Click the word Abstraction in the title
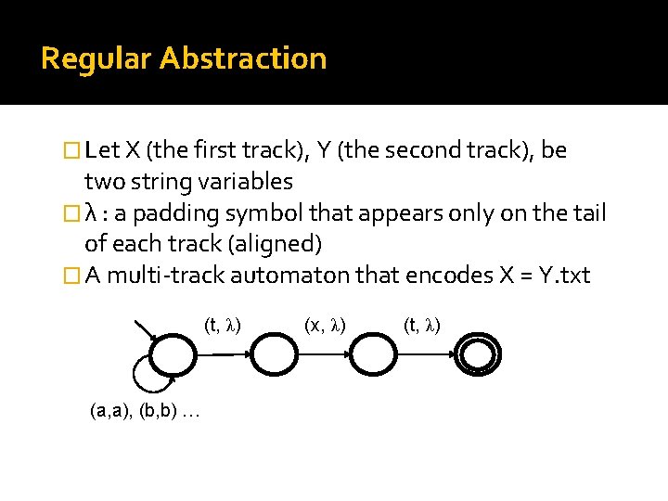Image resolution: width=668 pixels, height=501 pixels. coord(243,58)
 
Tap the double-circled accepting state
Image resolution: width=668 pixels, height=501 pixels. coord(478,353)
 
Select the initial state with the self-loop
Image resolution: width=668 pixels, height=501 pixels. coord(172,353)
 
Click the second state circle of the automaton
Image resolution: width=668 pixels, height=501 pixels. coord(274,353)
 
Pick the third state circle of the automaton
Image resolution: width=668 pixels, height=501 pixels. coord(375,353)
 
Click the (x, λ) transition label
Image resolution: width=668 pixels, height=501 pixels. coord(326,325)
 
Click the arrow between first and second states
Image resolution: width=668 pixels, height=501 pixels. coord(223,353)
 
